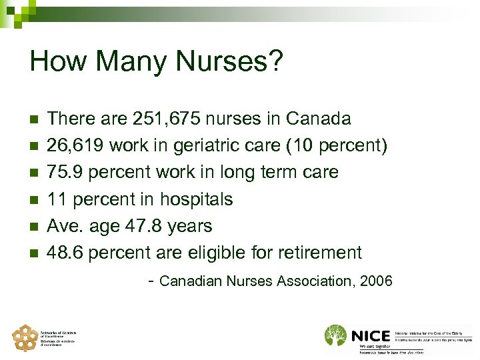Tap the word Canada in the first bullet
click(318, 119)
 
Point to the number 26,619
click(74, 146)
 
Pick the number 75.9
click(65, 173)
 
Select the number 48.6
click(65, 253)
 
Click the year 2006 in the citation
click(375, 281)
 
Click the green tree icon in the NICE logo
click(335, 335)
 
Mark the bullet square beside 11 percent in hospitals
click(35, 200)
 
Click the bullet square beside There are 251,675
click(35, 120)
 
